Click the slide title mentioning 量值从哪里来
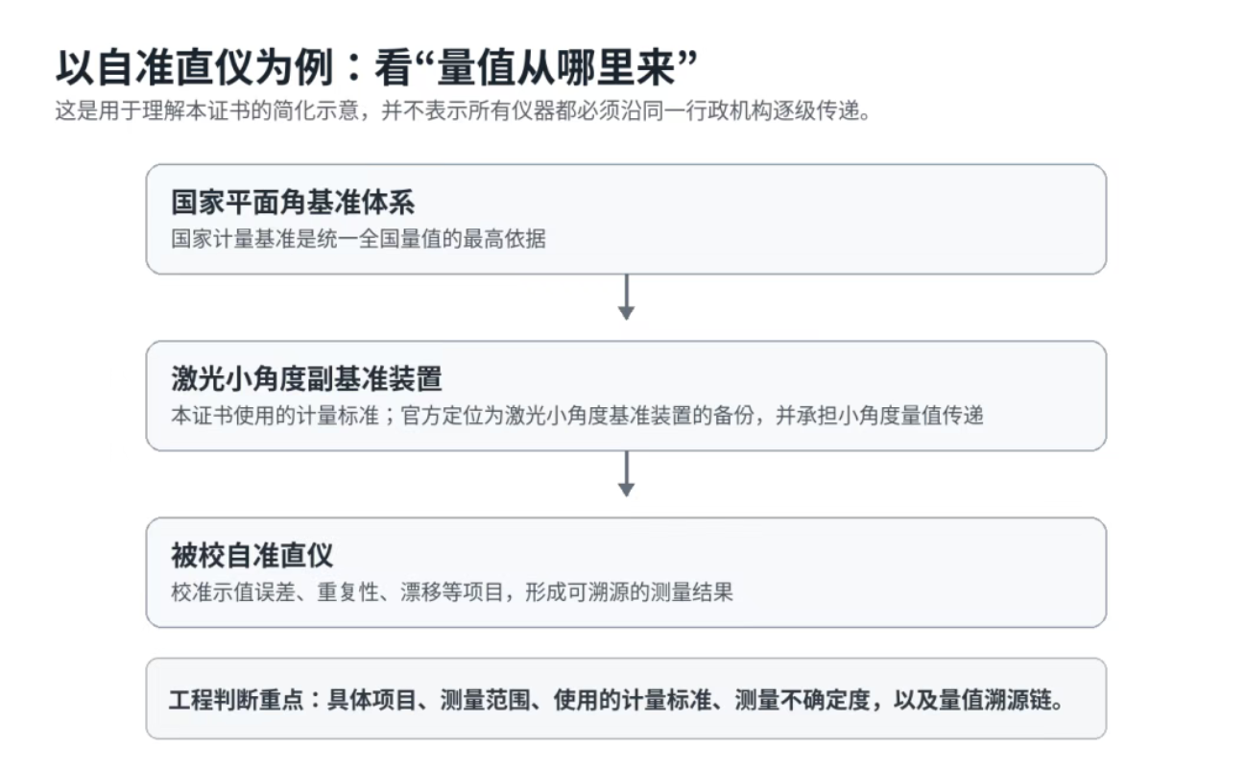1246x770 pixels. coord(376,68)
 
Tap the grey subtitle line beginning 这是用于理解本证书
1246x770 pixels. coord(463,110)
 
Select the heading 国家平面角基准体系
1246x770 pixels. coord(293,202)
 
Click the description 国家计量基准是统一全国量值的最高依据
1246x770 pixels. coord(358,239)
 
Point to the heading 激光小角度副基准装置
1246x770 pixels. coord(306,379)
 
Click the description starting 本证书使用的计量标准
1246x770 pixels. coord(577,416)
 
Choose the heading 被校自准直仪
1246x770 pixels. coord(252,555)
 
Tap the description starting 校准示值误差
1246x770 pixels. coord(452,592)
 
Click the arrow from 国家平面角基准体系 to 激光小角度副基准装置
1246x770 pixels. coord(626,297)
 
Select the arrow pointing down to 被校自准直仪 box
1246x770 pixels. coord(626,474)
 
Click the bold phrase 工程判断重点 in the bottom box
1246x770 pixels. coord(236,700)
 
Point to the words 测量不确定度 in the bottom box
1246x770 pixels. coord(803,700)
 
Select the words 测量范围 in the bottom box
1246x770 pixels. coord(485,700)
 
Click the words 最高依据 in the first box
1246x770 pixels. coord(505,239)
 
